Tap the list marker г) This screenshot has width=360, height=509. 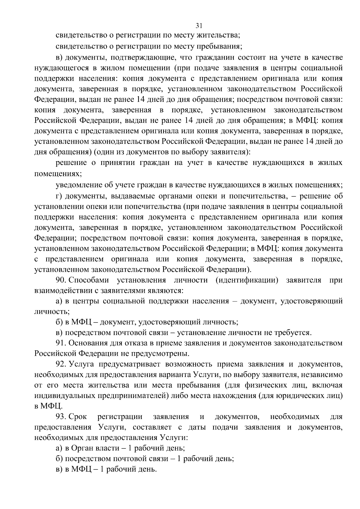(x=59, y=196)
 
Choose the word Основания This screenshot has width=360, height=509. (x=88, y=343)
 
